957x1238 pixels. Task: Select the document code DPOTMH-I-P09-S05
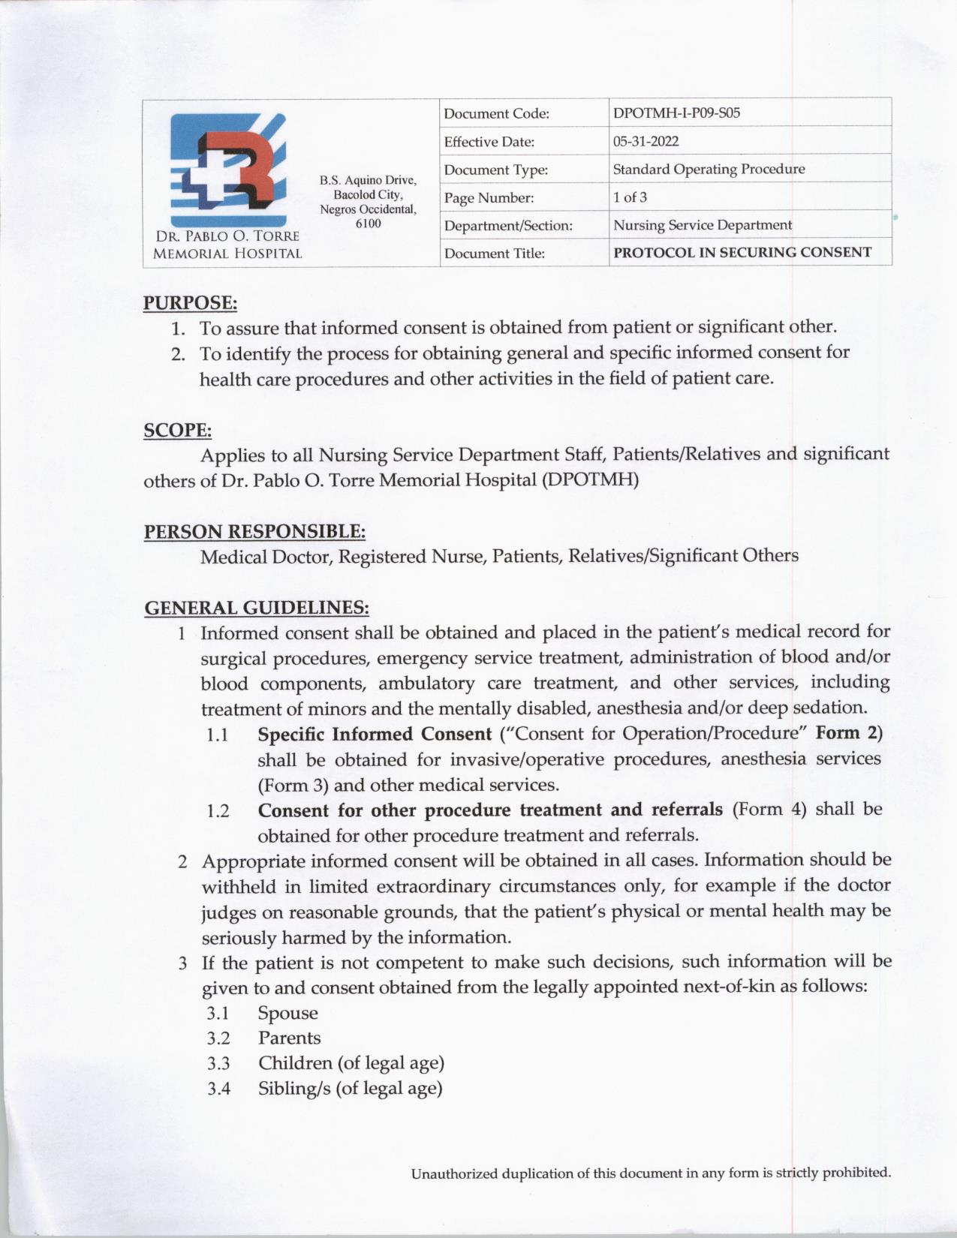coord(676,113)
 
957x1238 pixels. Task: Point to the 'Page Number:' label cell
coord(489,198)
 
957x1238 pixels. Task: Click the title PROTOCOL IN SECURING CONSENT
coord(742,252)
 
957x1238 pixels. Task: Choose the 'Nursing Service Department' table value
coord(702,225)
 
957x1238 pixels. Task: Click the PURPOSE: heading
coord(190,303)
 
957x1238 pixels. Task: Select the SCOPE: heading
coord(177,431)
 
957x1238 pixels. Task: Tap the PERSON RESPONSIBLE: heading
coord(254,532)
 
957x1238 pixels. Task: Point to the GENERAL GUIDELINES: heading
coord(256,607)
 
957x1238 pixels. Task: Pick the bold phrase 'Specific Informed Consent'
coord(375,733)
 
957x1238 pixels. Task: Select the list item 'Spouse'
coord(288,1013)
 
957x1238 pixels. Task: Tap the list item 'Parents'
coord(290,1038)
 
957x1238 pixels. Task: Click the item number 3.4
coord(218,1089)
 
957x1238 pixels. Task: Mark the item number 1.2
coord(218,811)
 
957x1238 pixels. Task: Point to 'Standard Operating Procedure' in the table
coord(709,170)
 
